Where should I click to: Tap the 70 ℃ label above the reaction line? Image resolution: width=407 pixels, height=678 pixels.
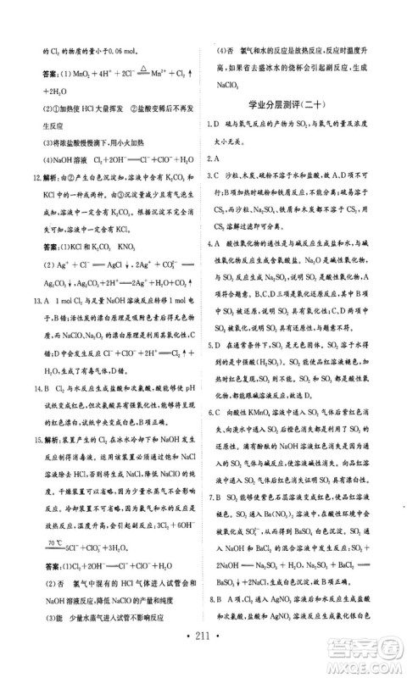coord(54,541)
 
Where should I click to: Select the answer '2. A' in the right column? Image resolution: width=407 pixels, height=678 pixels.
coord(215,158)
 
